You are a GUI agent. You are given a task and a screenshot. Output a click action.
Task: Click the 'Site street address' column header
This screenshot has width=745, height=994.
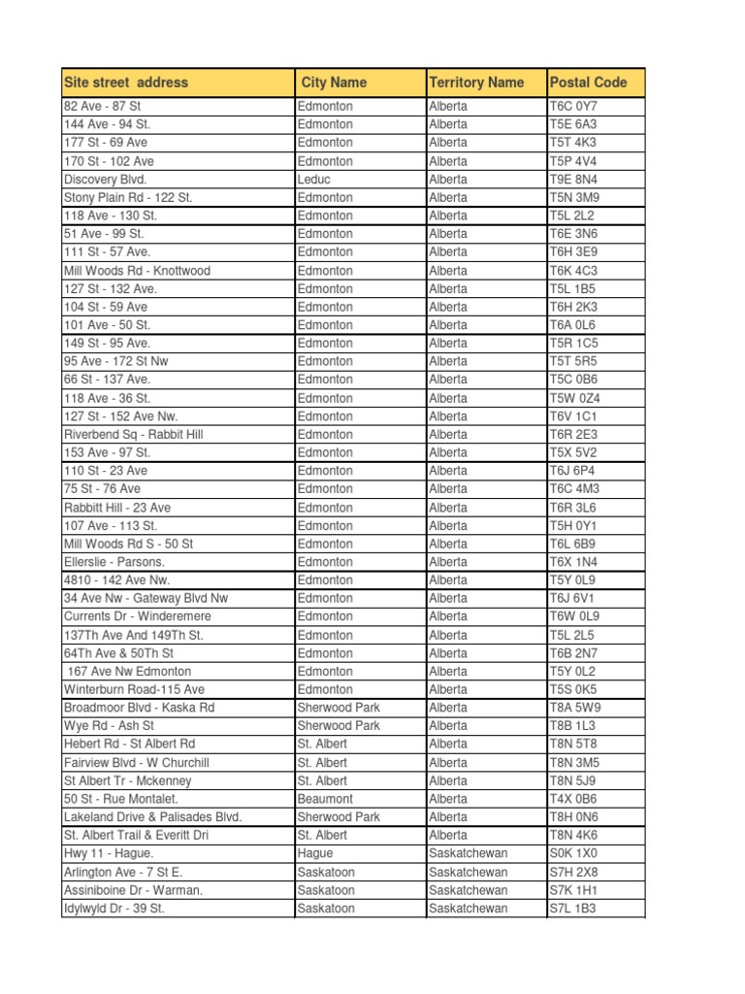(126, 83)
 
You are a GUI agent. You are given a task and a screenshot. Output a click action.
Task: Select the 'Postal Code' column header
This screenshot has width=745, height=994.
(588, 83)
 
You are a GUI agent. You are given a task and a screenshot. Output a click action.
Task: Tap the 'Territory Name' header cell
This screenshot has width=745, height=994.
(476, 83)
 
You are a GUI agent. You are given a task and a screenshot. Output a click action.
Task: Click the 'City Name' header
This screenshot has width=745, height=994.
(334, 83)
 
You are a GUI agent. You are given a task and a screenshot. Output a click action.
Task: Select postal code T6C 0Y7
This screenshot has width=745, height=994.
(573, 107)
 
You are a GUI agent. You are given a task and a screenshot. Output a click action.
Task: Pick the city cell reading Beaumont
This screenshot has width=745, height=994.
(326, 799)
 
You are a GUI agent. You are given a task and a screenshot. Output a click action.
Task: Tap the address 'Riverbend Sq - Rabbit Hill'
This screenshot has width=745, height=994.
(133, 435)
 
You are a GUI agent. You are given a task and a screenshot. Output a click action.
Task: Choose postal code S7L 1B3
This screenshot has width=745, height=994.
(572, 909)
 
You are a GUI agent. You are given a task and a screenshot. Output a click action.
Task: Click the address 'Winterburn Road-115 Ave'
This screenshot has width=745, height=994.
(134, 689)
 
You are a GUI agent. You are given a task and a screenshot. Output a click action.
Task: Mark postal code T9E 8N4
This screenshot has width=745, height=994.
(573, 180)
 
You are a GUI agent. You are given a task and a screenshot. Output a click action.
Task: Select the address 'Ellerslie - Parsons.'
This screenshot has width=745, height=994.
(114, 562)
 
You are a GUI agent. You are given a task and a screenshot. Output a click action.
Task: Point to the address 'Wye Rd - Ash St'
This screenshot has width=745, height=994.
(109, 726)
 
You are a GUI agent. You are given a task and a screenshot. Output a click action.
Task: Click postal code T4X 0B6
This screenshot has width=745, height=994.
(573, 799)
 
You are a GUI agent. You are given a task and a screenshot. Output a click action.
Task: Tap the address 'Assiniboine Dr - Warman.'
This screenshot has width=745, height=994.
(133, 890)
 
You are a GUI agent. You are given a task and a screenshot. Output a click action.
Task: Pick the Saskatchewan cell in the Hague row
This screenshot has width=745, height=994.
(468, 853)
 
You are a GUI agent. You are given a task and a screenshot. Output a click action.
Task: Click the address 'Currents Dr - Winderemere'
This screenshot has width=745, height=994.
(137, 616)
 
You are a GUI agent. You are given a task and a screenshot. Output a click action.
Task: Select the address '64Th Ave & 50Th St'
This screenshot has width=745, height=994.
(118, 653)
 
